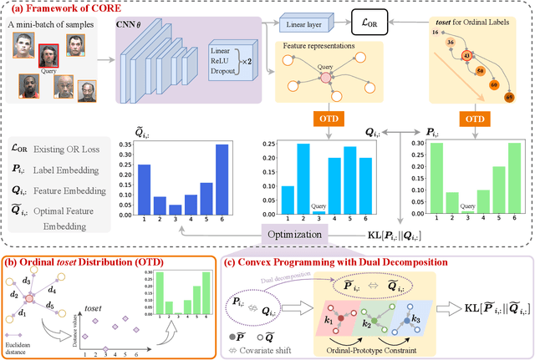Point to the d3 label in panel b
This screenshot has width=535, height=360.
(x=24, y=278)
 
